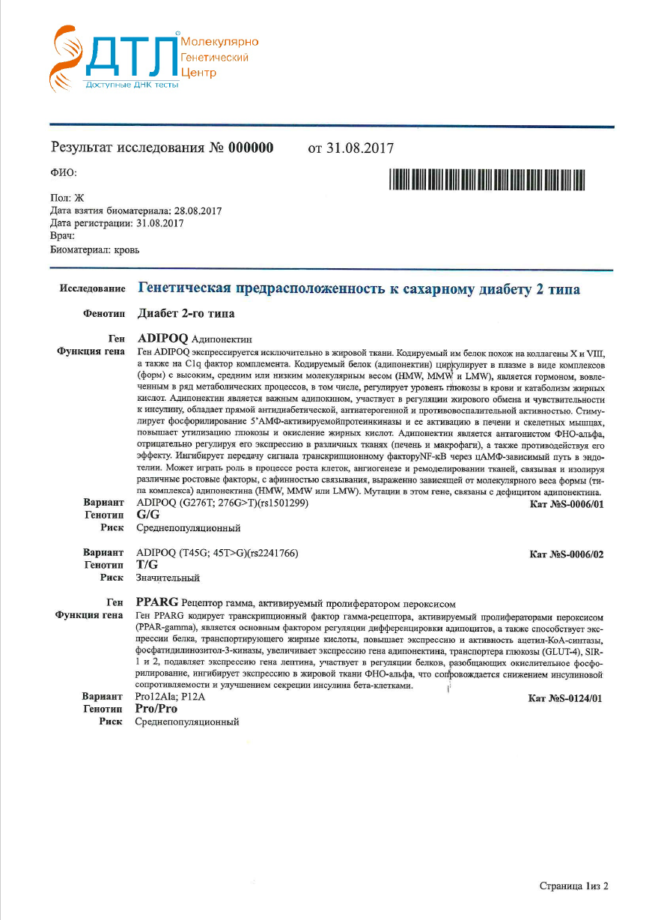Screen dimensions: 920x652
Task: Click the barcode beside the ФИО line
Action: pos(487,180)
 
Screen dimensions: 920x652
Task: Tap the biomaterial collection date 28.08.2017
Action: pos(198,211)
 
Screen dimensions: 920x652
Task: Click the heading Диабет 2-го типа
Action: pos(186,314)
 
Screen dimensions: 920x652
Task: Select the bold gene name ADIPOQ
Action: pos(162,339)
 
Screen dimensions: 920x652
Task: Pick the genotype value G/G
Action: pos(148,515)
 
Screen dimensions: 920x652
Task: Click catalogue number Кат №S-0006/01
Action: pos(566,504)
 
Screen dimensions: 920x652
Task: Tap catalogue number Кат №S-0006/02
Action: pos(566,554)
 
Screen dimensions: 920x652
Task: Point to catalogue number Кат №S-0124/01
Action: pos(565,698)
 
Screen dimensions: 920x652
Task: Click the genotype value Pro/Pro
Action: pos(156,709)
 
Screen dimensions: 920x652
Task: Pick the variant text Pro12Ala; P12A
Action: pos(170,697)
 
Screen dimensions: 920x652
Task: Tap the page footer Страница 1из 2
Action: pos(573,886)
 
